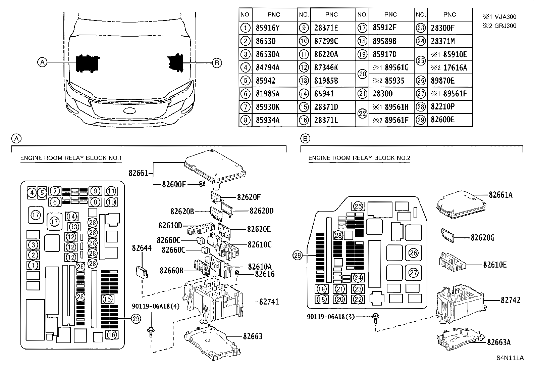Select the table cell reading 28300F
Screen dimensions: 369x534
(x=443, y=28)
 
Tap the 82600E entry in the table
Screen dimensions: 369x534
(x=443, y=120)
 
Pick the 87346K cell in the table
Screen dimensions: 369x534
(x=326, y=67)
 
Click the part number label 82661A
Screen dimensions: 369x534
(x=500, y=195)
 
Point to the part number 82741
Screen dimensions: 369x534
(x=269, y=302)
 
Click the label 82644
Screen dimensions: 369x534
(x=142, y=248)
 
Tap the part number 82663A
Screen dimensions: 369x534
(x=499, y=342)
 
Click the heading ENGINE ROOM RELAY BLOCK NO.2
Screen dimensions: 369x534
(x=359, y=158)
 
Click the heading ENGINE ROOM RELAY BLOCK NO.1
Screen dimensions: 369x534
(x=71, y=158)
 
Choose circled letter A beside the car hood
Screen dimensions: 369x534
(x=42, y=62)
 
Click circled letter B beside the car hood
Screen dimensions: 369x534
(x=217, y=62)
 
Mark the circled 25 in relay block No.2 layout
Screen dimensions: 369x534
(x=358, y=206)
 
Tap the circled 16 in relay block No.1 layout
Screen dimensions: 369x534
(x=112, y=334)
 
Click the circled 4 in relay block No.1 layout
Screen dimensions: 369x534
(x=32, y=193)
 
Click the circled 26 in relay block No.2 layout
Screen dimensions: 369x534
(x=413, y=253)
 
